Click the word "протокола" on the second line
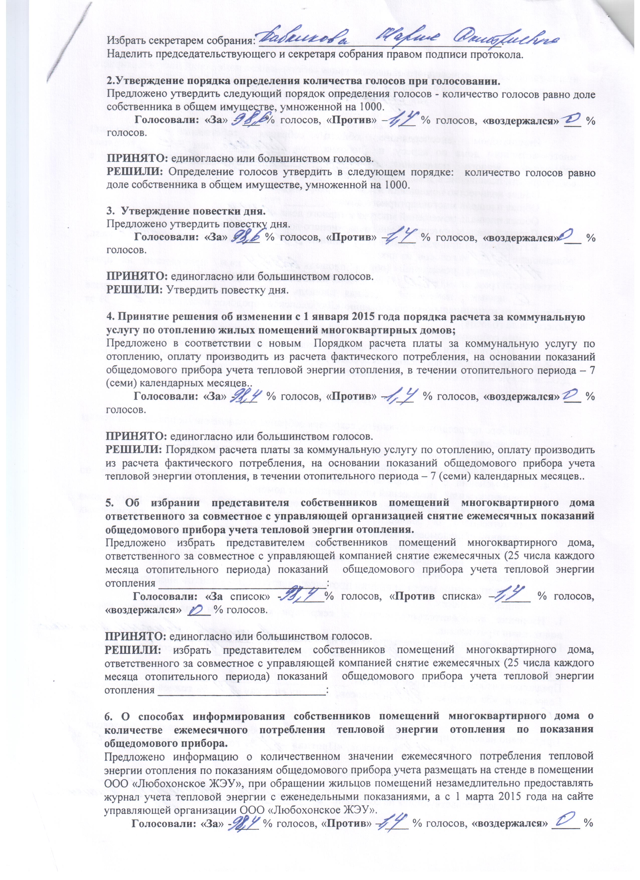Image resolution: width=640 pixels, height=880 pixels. coord(496,54)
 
